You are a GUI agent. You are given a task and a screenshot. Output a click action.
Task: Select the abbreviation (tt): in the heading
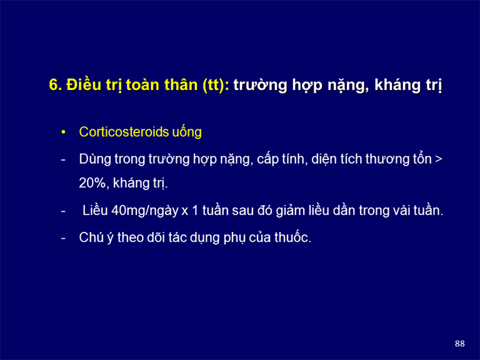coord(216,85)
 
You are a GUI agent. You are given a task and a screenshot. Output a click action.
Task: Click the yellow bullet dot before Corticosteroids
coord(63,132)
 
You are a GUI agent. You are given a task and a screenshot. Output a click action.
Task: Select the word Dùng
coord(95,159)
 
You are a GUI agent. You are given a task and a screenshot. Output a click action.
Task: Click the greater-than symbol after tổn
coord(438,159)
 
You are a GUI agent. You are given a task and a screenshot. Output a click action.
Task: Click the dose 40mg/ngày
coord(145,211)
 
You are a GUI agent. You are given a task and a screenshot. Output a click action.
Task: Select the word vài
coord(401,211)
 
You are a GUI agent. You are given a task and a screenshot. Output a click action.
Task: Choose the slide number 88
coord(459,344)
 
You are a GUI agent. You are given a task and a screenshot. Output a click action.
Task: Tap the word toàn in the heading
coord(142,85)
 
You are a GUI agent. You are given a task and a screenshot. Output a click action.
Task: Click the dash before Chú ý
coord(63,238)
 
